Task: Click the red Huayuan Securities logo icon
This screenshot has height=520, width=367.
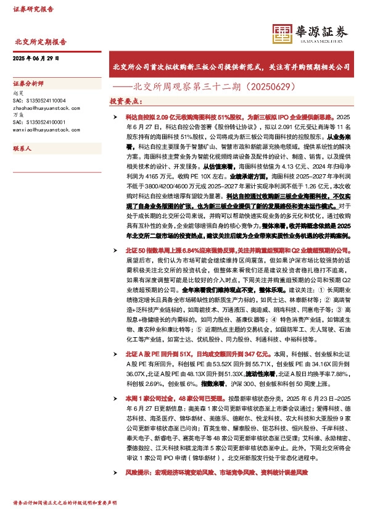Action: tap(283, 33)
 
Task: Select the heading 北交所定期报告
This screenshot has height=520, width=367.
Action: tap(40, 43)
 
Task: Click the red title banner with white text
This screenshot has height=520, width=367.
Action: tap(231, 65)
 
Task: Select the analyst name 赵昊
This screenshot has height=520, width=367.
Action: tap(18, 91)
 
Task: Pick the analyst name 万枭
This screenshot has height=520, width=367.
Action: tap(18, 115)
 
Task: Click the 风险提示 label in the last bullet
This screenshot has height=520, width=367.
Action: tap(139, 472)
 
